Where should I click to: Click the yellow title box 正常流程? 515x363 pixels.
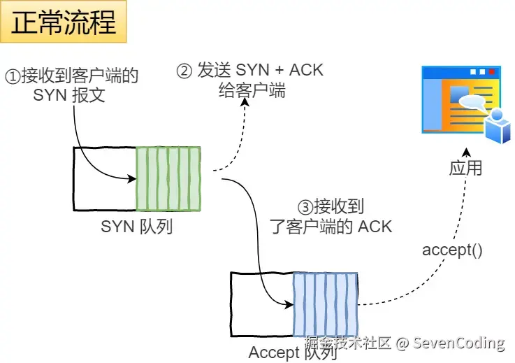click(63, 22)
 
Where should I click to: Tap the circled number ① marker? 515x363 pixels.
click(13, 77)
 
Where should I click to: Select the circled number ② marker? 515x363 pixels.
click(184, 71)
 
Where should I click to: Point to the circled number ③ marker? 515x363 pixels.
click(305, 208)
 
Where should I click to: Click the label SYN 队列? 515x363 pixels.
click(137, 227)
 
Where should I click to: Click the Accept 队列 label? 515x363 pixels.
click(293, 353)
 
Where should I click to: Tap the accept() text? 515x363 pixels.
click(452, 250)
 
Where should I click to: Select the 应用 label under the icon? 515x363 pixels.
click(465, 169)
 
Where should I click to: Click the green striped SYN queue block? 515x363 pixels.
click(168, 178)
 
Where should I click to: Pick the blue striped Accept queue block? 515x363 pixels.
click(326, 304)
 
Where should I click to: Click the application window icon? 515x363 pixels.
click(466, 104)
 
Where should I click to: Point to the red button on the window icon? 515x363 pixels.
click(492, 71)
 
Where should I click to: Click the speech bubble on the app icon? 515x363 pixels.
click(472, 103)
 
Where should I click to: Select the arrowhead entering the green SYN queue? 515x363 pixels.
click(132, 179)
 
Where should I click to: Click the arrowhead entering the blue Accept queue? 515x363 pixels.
click(289, 305)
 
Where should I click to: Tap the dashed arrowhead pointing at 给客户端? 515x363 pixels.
click(245, 101)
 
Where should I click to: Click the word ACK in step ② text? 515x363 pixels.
click(306, 70)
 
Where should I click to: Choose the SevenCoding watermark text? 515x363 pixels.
click(458, 343)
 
